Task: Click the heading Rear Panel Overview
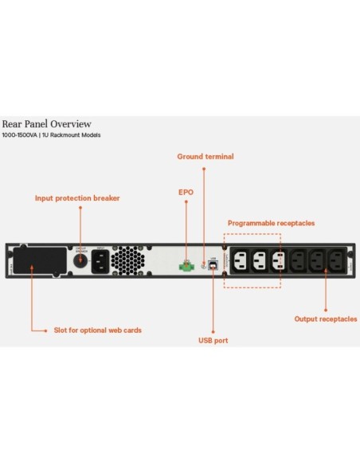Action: coord(46,124)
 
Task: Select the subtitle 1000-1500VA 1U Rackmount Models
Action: coord(51,135)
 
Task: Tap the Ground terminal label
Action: coord(205,157)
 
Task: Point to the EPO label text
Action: coord(185,192)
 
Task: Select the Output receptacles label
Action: coord(326,319)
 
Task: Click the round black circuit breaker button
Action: coord(80,260)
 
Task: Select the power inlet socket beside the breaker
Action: coord(103,260)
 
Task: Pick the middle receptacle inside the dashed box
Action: coord(258,260)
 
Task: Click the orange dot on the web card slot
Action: coord(31,268)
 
